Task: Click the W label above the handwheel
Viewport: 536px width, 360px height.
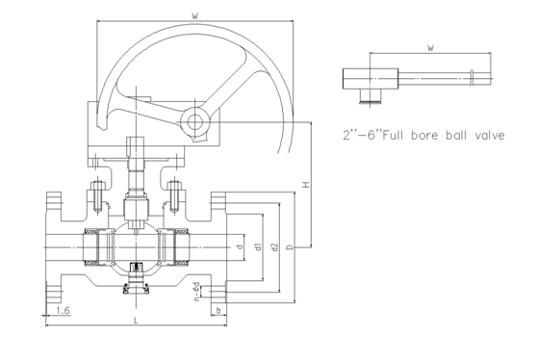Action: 195,15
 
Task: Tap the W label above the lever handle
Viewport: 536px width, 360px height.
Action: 431,48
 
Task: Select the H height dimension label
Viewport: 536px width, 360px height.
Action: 306,184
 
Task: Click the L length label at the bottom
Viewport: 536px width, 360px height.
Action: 136,321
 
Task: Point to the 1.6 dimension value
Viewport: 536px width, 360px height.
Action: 63,310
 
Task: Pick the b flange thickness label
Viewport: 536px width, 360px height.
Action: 218,310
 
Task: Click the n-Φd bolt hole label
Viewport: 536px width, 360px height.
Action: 196,292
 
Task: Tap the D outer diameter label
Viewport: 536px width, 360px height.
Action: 290,246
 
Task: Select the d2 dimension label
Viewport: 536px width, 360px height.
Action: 274,246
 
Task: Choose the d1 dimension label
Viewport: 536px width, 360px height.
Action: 259,246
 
